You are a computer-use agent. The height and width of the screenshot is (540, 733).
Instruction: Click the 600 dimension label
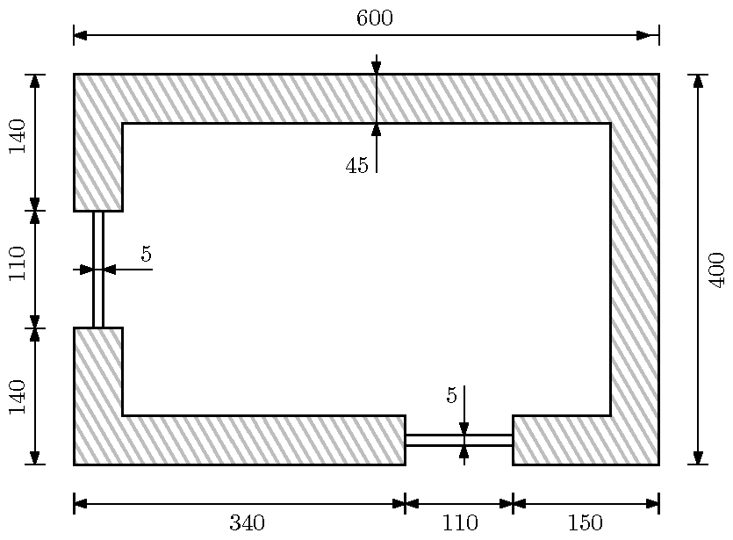[375, 18]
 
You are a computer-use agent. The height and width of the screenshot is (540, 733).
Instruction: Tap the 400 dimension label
[716, 270]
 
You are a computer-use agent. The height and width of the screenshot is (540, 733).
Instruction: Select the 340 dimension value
[247, 522]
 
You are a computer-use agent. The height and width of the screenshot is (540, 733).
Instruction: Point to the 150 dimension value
[586, 522]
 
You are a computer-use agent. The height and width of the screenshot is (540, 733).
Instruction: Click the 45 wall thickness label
[356, 165]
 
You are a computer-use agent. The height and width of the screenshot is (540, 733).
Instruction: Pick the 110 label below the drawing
[460, 522]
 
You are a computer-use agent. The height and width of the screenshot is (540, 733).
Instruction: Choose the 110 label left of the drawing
[18, 263]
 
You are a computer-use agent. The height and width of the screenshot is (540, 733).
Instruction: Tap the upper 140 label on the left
[18, 136]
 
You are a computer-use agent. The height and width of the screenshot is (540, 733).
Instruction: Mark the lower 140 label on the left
[18, 397]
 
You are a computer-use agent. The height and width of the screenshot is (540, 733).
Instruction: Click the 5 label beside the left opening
[147, 254]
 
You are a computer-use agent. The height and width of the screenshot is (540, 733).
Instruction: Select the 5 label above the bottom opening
[451, 395]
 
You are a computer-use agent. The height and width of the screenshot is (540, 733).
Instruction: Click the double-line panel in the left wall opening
[97, 270]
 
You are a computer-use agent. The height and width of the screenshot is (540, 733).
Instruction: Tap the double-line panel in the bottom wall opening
[459, 441]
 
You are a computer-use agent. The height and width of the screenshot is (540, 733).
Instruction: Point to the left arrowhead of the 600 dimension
[80, 35]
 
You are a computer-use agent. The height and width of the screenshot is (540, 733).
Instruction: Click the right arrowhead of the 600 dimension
[652, 35]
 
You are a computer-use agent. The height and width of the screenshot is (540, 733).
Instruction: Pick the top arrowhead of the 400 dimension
[698, 82]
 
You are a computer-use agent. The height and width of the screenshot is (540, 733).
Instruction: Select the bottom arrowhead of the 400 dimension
[698, 457]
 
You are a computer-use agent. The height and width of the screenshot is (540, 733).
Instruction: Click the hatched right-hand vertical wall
[635, 270]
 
